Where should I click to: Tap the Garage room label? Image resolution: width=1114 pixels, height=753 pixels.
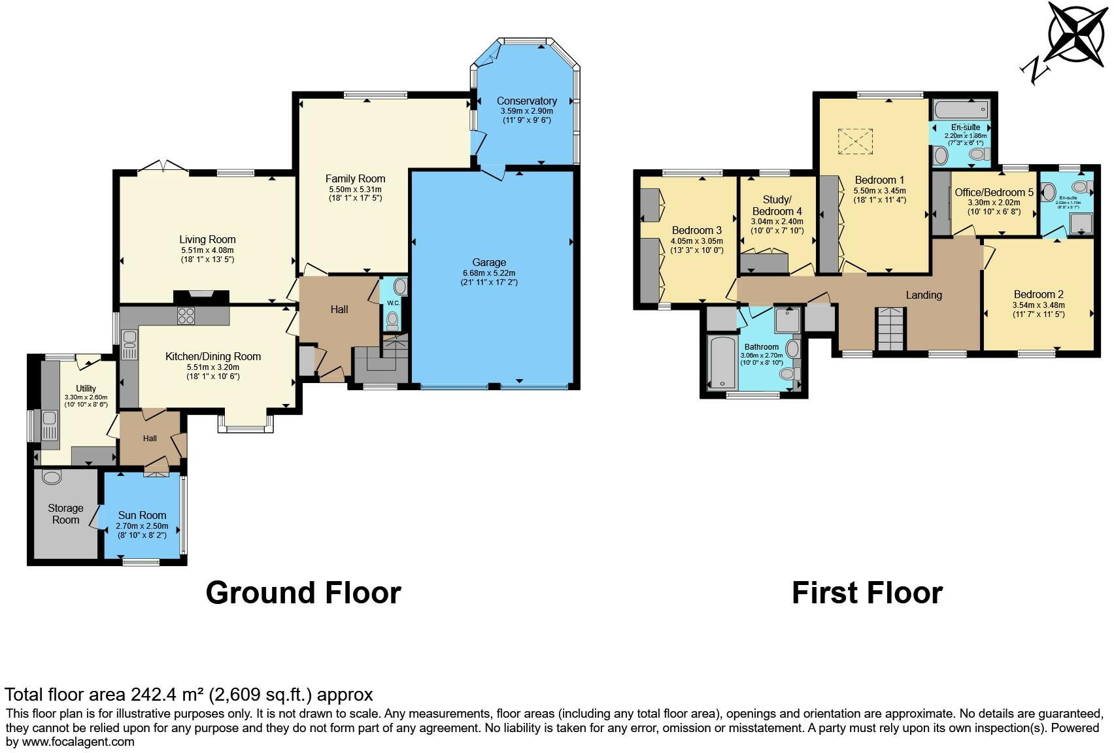click(488, 263)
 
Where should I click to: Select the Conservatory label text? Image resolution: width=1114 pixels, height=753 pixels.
click(526, 101)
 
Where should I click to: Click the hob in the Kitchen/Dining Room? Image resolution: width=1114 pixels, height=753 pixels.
click(186, 316)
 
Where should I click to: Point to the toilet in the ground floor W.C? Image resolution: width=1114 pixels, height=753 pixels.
click(392, 320)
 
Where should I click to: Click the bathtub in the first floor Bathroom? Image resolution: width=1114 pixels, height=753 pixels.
click(722, 363)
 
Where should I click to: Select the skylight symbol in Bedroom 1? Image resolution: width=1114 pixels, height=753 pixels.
click(856, 141)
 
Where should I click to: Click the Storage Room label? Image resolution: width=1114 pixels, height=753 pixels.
click(65, 514)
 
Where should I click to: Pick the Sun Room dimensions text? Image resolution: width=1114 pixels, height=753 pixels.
click(142, 530)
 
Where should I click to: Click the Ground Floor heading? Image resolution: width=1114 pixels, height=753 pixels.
click(303, 593)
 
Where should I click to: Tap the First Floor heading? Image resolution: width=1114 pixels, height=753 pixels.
click(867, 593)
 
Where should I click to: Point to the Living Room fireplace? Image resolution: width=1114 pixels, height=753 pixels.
click(201, 296)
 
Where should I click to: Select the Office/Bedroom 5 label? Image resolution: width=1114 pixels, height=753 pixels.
click(994, 192)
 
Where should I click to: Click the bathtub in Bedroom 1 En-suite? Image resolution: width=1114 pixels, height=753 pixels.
click(961, 109)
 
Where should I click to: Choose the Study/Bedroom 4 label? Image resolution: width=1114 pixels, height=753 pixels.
click(777, 205)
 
